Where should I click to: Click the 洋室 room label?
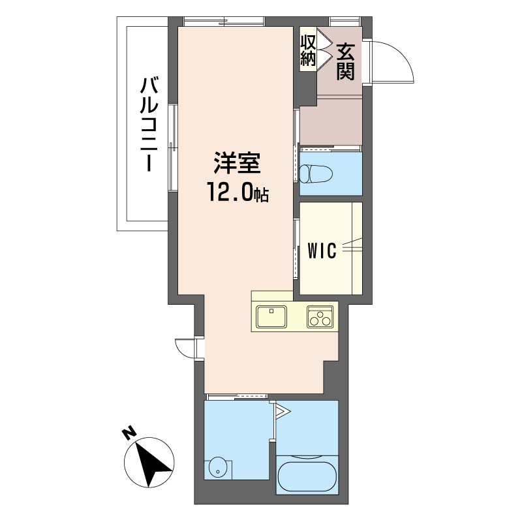click(x=237, y=163)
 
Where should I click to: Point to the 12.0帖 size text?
click(x=238, y=192)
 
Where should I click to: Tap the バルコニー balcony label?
click(x=148, y=124)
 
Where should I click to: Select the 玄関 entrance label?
click(x=345, y=62)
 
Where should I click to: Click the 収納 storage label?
click(x=308, y=50)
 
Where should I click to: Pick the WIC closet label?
click(x=322, y=251)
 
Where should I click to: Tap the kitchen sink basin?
click(x=271, y=316)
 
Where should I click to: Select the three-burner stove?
click(x=320, y=316)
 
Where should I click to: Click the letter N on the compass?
click(x=129, y=433)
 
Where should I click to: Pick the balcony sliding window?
click(x=173, y=148)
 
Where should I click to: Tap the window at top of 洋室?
click(x=224, y=22)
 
